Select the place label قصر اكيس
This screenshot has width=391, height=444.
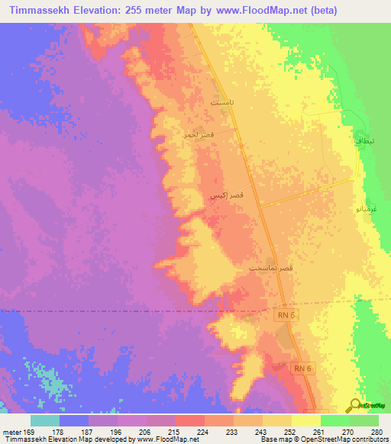(x=228, y=196)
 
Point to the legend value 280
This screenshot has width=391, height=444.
(x=376, y=431)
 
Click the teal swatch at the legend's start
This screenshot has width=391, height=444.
(x=45, y=420)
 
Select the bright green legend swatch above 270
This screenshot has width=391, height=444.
(x=335, y=420)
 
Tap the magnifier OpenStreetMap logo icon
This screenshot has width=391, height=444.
(x=355, y=404)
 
